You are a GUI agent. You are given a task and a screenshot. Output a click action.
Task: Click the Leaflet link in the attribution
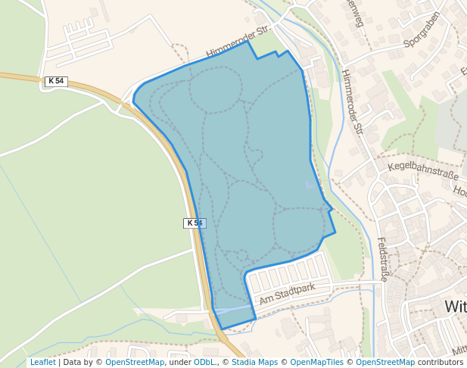coord(42,362)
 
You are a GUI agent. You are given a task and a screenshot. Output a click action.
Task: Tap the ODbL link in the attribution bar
coord(204,362)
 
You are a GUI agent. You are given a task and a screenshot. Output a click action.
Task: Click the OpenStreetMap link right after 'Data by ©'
coord(135,362)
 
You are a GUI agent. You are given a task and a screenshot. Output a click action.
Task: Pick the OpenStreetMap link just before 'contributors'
coord(385,362)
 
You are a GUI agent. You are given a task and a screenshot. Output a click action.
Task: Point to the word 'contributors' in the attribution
coord(441,362)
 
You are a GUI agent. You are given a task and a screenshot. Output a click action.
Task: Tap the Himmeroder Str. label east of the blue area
coord(352,102)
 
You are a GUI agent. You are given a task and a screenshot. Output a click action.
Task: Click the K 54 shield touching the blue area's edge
coord(195,223)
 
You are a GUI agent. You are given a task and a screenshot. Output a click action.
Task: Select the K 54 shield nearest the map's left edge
coord(56,81)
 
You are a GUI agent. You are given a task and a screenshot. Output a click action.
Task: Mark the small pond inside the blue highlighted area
coord(308,185)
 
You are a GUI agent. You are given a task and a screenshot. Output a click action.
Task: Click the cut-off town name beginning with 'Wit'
coord(455,307)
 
